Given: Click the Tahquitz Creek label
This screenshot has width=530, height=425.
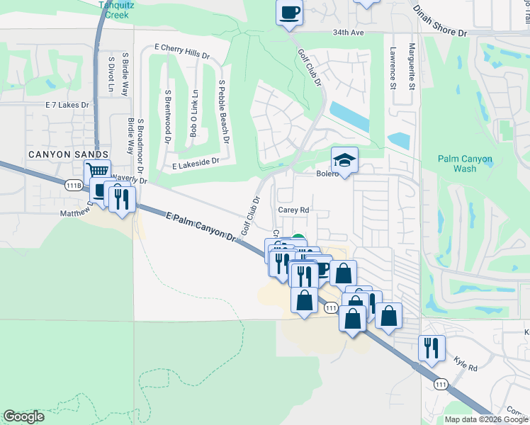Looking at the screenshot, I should pos(116,8).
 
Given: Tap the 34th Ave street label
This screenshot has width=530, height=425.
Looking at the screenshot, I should pos(346,33).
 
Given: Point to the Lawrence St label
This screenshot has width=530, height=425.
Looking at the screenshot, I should pos(393,68).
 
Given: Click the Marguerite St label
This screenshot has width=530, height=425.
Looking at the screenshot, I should pos(412,67).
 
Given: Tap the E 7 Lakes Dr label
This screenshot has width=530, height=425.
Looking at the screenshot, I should pos(67,105).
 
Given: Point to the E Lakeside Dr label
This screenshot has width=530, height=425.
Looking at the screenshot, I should pos(196,163).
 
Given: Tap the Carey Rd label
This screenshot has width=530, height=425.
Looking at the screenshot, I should pos(293,210).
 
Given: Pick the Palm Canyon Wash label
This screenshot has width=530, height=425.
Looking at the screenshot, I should pos(465,164).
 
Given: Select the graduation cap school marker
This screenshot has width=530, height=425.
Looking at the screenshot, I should pos(344,160).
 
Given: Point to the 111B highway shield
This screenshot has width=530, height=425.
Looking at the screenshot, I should pos(72,185).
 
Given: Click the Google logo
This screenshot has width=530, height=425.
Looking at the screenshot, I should pos(24,416).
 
